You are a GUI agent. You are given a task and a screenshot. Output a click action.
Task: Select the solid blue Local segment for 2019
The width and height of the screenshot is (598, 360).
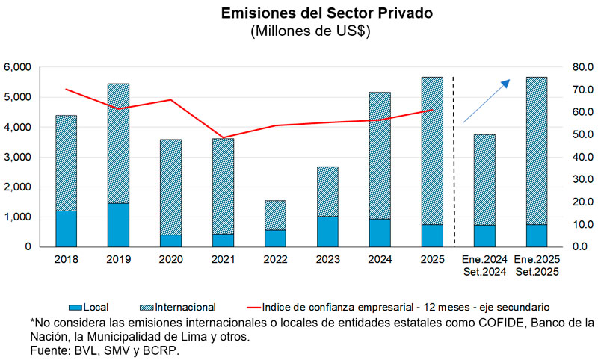click(x=118, y=224)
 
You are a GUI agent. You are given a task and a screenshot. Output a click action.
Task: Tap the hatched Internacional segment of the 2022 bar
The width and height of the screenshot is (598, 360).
click(x=275, y=215)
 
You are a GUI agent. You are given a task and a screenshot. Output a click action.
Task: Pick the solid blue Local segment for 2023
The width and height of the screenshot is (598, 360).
click(x=327, y=231)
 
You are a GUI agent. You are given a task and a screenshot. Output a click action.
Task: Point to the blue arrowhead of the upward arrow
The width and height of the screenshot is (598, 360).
click(x=506, y=83)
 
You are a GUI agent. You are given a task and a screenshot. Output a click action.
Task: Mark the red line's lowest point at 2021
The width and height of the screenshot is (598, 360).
click(x=223, y=138)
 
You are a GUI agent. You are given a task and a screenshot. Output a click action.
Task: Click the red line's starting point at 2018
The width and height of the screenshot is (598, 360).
click(x=67, y=89)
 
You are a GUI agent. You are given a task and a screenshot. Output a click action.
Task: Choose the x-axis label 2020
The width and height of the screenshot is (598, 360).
click(x=170, y=259)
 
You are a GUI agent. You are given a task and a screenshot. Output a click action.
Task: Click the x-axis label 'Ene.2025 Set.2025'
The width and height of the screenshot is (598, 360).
click(x=536, y=265)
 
